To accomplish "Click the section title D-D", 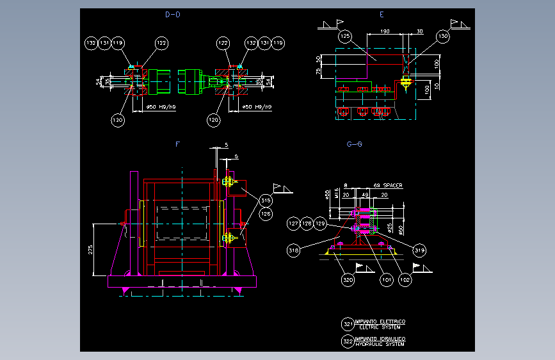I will click(x=172, y=15).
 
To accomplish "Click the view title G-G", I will click(x=355, y=144).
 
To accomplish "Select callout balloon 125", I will click(x=345, y=37).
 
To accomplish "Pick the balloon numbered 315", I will click(x=266, y=200).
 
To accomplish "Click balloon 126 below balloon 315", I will click(x=266, y=213).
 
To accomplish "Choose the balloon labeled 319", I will click(x=420, y=250).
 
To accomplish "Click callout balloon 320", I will click(x=348, y=279).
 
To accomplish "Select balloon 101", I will click(x=385, y=279).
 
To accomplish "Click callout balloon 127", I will click(x=293, y=224).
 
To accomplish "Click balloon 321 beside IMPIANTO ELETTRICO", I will click(x=348, y=323).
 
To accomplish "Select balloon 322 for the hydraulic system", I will click(x=348, y=341).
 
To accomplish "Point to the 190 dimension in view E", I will click(x=385, y=31).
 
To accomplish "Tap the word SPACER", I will click(x=394, y=185).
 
